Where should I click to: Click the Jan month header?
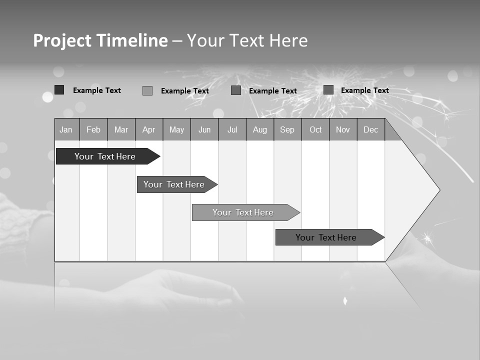point(66,129)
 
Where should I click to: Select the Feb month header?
point(93,129)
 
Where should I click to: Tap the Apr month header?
point(149,129)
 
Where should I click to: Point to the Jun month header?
point(204,129)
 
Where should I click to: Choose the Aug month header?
point(260,129)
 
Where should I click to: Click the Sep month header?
point(287,129)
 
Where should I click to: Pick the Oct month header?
point(315,129)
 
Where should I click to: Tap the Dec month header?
point(371,129)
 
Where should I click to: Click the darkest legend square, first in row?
point(59,90)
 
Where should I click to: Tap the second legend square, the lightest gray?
point(147,90)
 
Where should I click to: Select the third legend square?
point(236,90)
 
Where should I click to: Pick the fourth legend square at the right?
point(328,90)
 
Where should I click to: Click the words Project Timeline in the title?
point(100,40)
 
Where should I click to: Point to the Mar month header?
point(121,129)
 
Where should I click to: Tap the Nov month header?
point(343,129)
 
